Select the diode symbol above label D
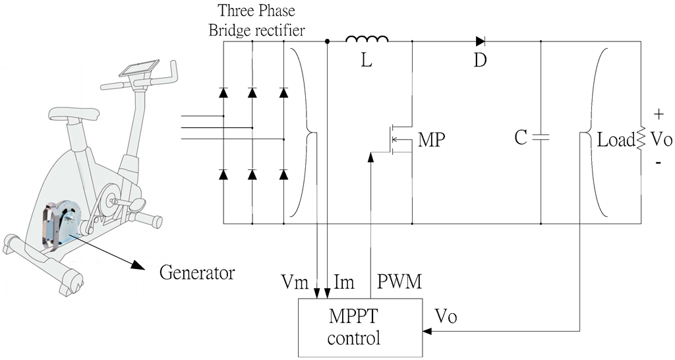coord(480,41)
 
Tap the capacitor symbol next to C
coord(540,138)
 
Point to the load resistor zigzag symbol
coord(639,139)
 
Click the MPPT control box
coord(359,327)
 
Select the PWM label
coord(399,282)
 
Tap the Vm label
coord(293,282)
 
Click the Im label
coord(343,282)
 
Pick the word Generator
coord(197,272)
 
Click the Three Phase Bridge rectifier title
coord(253,20)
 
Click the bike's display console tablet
coord(138,69)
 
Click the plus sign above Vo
coord(659,115)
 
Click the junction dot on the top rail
coord(328,41)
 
